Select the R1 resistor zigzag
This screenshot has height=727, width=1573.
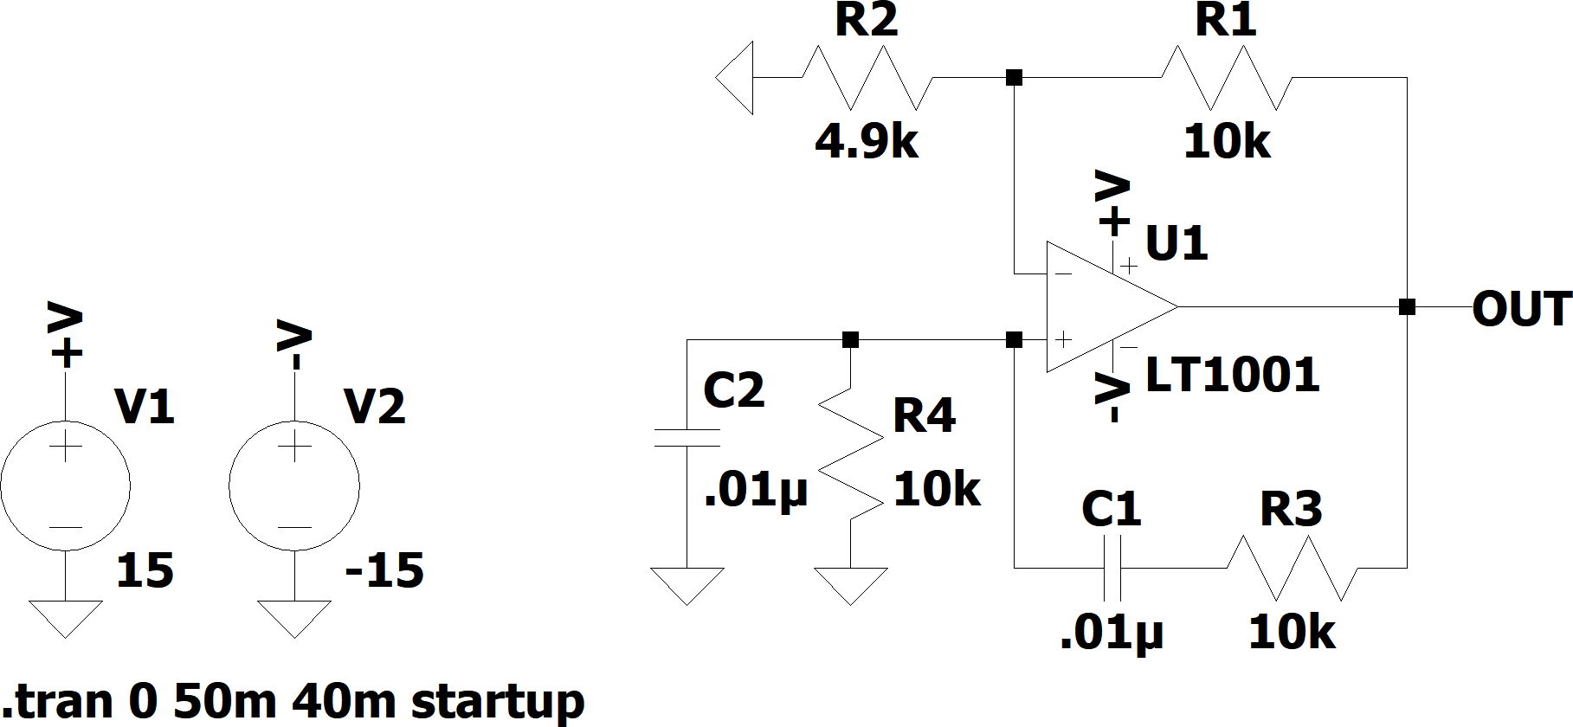click(1226, 78)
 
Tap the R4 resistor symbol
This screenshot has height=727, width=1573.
click(851, 454)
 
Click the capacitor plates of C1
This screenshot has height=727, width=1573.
click(1112, 568)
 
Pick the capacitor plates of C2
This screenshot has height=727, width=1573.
click(687, 437)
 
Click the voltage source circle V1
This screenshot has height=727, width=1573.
click(66, 485)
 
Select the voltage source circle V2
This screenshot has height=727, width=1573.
click(294, 485)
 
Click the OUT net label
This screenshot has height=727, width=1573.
click(1522, 309)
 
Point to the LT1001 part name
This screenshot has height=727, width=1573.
click(1232, 375)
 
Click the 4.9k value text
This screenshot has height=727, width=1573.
click(867, 140)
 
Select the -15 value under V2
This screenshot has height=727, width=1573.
click(384, 571)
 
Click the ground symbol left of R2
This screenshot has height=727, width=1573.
click(734, 78)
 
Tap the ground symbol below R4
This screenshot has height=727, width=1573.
click(851, 586)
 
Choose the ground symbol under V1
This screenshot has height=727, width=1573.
click(66, 618)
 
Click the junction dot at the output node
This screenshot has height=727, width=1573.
click(1407, 306)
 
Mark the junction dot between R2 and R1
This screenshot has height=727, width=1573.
click(1015, 78)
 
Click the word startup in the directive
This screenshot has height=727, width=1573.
click(498, 701)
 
